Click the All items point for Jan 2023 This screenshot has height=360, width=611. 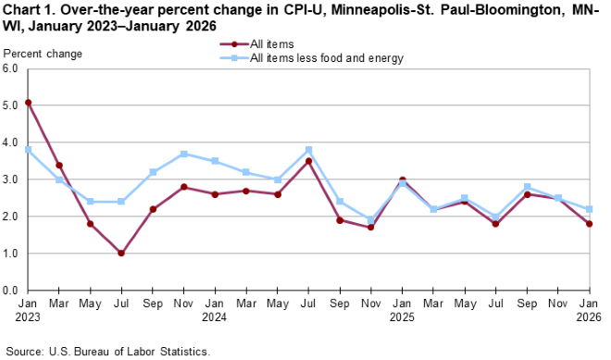point(29,103)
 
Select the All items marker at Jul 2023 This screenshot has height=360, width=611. point(121,254)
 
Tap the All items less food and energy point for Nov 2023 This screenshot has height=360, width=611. point(183,154)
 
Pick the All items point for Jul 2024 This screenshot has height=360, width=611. point(307,161)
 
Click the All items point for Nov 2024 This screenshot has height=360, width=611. point(369,228)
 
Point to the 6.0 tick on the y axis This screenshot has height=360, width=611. point(12,69)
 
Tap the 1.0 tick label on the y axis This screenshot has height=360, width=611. point(12,254)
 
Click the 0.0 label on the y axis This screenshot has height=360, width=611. point(12,291)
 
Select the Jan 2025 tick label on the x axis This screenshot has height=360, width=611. point(401,310)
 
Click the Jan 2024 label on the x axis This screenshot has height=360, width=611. point(215,310)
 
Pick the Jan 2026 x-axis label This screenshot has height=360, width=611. point(587,310)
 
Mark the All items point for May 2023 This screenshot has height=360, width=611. point(91,224)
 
